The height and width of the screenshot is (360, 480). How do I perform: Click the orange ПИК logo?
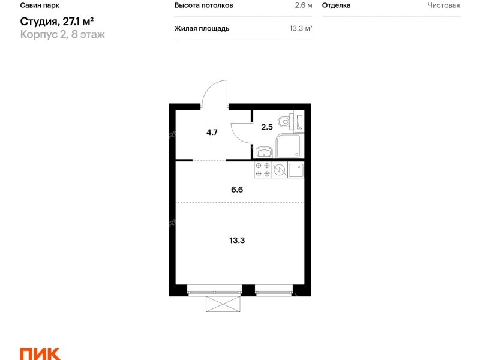pyautogui.click(x=40, y=354)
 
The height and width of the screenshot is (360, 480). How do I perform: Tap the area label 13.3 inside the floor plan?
pyautogui.click(x=237, y=241)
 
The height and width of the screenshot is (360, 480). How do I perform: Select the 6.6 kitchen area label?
pyautogui.click(x=237, y=190)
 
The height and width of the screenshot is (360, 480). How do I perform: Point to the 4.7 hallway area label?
pyautogui.click(x=212, y=133)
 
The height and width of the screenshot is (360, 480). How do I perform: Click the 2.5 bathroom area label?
pyautogui.click(x=267, y=127)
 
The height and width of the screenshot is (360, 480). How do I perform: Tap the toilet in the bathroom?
pyautogui.click(x=287, y=121)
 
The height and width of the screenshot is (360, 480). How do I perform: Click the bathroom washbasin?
pyautogui.click(x=264, y=152)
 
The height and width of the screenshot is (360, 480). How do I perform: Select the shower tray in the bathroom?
pyautogui.click(x=288, y=146)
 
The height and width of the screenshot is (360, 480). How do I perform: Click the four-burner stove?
pyautogui.click(x=263, y=170)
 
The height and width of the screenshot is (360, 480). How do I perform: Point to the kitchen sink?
pyautogui.click(x=296, y=170)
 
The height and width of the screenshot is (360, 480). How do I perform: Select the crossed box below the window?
pyautogui.click(x=223, y=304)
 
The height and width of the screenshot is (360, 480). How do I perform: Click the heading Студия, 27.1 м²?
pyautogui.click(x=57, y=22)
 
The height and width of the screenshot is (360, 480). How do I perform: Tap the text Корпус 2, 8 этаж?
pyautogui.click(x=62, y=34)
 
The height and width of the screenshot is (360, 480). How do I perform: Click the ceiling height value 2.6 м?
pyautogui.click(x=304, y=5)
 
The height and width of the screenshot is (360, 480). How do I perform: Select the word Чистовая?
pyautogui.click(x=443, y=5)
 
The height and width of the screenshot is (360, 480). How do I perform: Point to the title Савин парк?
pyautogui.click(x=40, y=5)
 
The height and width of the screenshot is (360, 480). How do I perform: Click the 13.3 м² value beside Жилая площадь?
pyautogui.click(x=301, y=28)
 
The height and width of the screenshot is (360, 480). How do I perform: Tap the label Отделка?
pyautogui.click(x=337, y=5)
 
